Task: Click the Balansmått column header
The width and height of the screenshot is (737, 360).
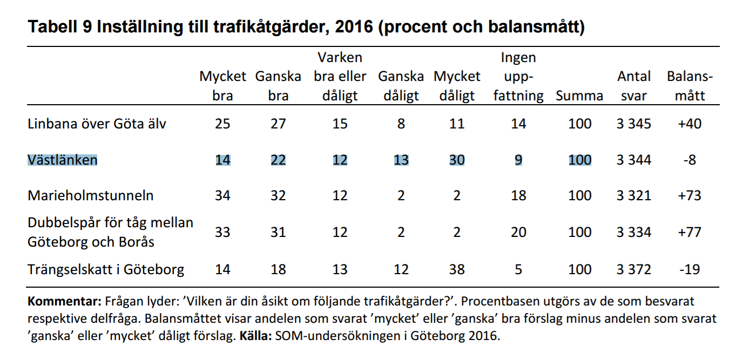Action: pyautogui.click(x=689, y=86)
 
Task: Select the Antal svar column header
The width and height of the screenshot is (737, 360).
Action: pyautogui.click(x=634, y=86)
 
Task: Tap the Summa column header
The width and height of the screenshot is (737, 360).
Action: pyautogui.click(x=579, y=96)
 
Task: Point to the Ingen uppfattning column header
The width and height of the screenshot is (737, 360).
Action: pyautogui.click(x=518, y=77)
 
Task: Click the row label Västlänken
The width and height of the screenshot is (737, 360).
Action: pyautogui.click(x=63, y=160)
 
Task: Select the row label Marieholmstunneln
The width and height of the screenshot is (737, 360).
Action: pyautogui.click(x=91, y=195)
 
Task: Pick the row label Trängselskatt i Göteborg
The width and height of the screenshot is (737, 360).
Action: pyautogui.click(x=106, y=269)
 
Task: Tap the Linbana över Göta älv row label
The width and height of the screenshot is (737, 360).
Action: pyautogui.click(x=97, y=124)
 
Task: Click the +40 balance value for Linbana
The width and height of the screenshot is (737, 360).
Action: pyautogui.click(x=689, y=124)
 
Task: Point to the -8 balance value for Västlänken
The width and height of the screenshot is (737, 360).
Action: pyautogui.click(x=689, y=160)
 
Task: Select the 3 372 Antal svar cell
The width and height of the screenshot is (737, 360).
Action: pyautogui.click(x=634, y=269)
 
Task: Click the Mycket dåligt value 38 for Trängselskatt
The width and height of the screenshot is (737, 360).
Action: pyautogui.click(x=457, y=269)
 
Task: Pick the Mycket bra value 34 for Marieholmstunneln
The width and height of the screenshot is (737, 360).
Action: pyautogui.click(x=222, y=195)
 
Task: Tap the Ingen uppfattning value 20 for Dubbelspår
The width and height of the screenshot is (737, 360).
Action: pyautogui.click(x=518, y=232)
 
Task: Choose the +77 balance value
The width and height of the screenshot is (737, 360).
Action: pyautogui.click(x=689, y=232)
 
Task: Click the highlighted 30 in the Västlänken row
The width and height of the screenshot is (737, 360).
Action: pyautogui.click(x=457, y=160)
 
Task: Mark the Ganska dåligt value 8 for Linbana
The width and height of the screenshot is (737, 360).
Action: pyautogui.click(x=401, y=124)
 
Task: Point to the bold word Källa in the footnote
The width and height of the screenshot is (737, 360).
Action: pyautogui.click(x=254, y=336)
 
